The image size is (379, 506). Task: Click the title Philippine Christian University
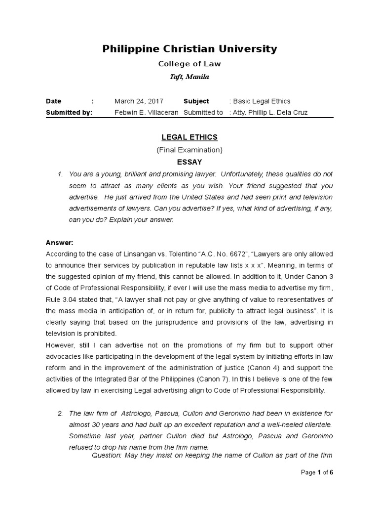tap(189, 49)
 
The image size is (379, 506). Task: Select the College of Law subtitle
tap(189, 64)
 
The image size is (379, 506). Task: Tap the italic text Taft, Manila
tap(189, 77)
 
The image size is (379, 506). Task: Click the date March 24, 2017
tap(139, 101)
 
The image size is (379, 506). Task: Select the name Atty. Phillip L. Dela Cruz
tap(270, 112)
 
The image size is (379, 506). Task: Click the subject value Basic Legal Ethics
tap(264, 101)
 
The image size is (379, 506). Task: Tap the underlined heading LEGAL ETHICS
tap(189, 137)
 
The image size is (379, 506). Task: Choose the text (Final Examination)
tap(189, 149)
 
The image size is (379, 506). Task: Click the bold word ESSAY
tap(189, 162)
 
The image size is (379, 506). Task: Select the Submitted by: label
tap(69, 112)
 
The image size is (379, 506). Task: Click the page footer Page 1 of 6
tap(317, 472)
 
